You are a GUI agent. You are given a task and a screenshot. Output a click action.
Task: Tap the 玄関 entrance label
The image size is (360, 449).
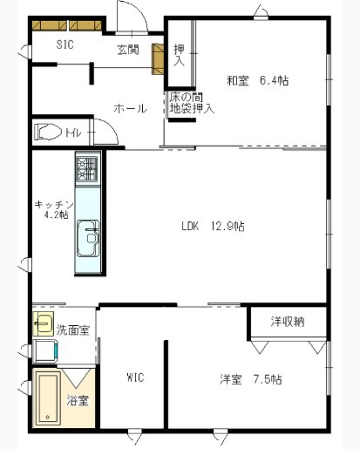(x=127, y=50)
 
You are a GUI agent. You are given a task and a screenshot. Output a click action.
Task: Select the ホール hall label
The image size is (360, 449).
(x=129, y=108)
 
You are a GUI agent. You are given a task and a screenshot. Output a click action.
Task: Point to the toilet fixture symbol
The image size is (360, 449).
(x=47, y=133)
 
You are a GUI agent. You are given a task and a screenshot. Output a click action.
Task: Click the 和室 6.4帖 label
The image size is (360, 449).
(x=258, y=81)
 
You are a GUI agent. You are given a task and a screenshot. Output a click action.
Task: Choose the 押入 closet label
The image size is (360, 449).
(x=179, y=56)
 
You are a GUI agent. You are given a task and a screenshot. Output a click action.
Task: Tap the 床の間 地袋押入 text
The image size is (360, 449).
(x=192, y=103)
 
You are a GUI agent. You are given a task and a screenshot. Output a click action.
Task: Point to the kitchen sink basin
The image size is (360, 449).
(x=87, y=235)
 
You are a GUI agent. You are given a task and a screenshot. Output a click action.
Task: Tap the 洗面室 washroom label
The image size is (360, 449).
(x=71, y=330)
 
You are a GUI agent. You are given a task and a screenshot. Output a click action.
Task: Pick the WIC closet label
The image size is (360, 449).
(x=135, y=378)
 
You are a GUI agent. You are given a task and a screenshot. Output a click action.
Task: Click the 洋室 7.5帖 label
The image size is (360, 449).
(x=250, y=379)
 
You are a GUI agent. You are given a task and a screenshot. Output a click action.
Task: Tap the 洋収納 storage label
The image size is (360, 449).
(x=288, y=322)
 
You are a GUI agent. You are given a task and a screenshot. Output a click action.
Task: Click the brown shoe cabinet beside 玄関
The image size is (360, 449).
(x=159, y=57)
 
